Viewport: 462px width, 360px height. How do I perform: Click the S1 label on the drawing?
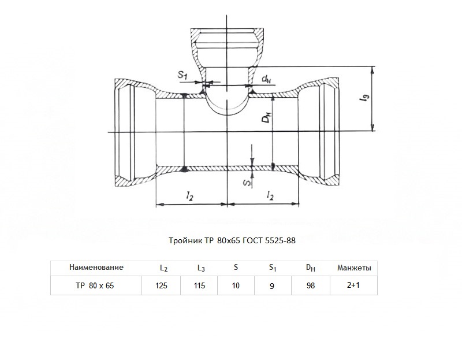[182, 75]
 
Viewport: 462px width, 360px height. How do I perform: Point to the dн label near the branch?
[266, 79]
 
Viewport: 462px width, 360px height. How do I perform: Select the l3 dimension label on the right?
[364, 98]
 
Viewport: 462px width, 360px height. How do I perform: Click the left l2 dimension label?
[189, 195]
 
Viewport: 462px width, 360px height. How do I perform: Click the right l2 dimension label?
[270, 195]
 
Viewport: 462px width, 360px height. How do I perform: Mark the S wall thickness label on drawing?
[248, 183]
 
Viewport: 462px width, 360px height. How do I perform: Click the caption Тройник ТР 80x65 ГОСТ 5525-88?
[232, 240]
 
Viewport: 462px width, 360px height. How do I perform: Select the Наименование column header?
[96, 268]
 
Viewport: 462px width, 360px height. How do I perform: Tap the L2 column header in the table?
[164, 268]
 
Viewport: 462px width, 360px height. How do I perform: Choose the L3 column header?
[201, 268]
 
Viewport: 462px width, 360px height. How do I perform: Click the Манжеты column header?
[354, 268]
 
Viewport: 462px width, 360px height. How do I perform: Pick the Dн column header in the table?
[311, 268]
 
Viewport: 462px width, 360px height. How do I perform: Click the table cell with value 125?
[161, 285]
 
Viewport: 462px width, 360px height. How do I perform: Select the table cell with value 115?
[199, 285]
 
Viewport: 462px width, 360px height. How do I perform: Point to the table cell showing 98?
[311, 285]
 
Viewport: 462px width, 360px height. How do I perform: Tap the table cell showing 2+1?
[353, 285]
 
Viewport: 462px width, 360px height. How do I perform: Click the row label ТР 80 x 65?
[95, 285]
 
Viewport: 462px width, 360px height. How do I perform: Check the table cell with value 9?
[272, 286]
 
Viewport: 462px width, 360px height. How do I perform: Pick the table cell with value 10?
[236, 285]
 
